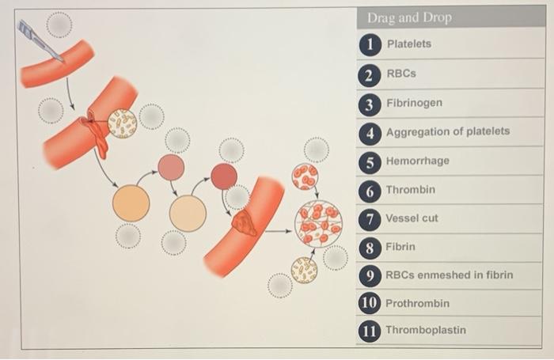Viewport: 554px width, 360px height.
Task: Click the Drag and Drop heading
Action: click(409, 17)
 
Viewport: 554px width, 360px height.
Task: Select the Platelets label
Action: click(409, 44)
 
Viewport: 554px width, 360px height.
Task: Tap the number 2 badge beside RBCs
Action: click(370, 75)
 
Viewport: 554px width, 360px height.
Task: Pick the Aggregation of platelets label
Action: click(448, 131)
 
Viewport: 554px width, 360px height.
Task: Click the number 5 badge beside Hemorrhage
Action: click(370, 162)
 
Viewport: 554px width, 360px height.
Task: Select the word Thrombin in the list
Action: click(410, 190)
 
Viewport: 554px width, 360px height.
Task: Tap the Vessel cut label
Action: click(412, 218)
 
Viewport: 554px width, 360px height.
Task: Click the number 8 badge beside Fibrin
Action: click(370, 248)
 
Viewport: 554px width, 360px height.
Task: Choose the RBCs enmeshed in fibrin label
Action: click(449, 275)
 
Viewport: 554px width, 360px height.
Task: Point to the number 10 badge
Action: click(370, 303)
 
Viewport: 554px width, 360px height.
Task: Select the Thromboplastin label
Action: click(426, 330)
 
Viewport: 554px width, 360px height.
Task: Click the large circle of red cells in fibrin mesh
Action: click(318, 223)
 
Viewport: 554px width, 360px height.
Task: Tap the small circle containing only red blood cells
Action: click(305, 176)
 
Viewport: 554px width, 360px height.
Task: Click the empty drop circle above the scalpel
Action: click(59, 25)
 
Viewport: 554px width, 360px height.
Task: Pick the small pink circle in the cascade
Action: click(171, 167)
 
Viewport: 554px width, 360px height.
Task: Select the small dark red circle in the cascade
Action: click(224, 176)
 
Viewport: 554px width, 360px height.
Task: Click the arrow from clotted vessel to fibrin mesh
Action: click(279, 231)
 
